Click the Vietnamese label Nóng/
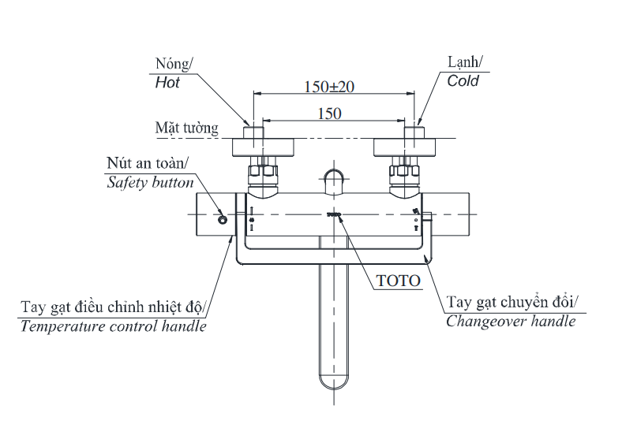tap(174, 64)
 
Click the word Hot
tap(167, 82)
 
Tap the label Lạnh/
tap(466, 62)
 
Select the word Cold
tap(463, 80)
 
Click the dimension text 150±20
tap(329, 87)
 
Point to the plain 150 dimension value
tap(329, 113)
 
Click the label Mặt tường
tap(187, 128)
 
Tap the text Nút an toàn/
tap(148, 164)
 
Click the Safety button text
tap(150, 182)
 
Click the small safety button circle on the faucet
tap(223, 218)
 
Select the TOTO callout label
tap(399, 280)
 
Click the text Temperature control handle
tap(114, 326)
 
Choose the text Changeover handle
tap(511, 321)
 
